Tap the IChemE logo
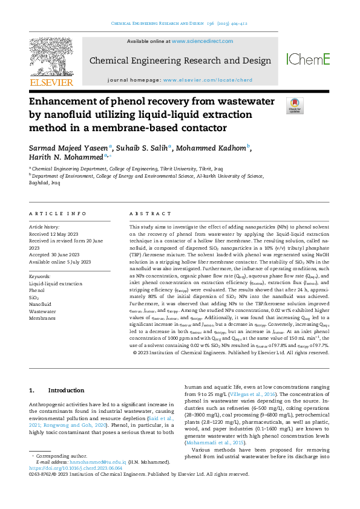tap(308, 59)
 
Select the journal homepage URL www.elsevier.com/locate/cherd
tap(208, 80)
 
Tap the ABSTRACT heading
tap(146, 214)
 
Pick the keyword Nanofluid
tap(40, 304)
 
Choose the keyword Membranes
tap(42, 317)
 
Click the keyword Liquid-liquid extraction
tap(56, 284)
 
